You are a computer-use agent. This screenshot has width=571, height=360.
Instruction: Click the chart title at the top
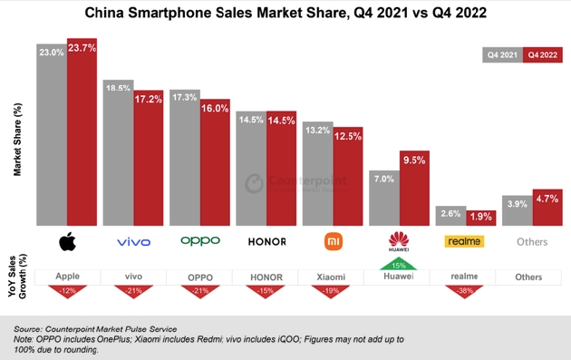point(285,15)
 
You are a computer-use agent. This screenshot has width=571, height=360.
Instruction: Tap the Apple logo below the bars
point(67,241)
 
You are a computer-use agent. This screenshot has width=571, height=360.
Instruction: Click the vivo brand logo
point(133,242)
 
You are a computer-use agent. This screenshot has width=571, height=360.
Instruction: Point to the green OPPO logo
point(199,241)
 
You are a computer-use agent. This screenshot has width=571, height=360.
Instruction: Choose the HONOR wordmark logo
point(266,242)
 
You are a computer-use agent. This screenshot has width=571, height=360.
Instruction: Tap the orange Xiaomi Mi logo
point(333,241)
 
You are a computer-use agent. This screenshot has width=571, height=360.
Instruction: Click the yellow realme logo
point(464,241)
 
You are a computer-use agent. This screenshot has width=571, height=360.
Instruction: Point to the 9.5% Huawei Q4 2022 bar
point(414,190)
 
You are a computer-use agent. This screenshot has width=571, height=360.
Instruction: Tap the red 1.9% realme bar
point(480,218)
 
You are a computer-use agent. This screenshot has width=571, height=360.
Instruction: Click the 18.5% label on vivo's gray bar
point(118,88)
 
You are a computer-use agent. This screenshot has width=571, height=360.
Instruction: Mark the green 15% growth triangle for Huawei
point(399,264)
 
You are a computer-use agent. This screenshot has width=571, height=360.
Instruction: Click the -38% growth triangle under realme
point(465,289)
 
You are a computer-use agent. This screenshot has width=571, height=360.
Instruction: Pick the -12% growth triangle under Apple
point(67,289)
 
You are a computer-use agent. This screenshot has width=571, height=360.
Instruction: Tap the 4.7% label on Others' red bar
point(547,197)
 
